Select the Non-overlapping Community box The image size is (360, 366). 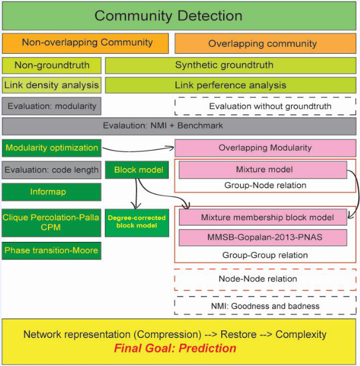point(85,43)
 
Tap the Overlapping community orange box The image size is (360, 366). point(262,43)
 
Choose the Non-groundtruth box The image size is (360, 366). point(51,65)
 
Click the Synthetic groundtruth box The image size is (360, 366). point(231,65)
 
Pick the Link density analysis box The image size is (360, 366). point(51,85)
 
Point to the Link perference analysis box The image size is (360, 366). point(231,85)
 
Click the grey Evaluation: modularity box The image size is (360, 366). point(51,106)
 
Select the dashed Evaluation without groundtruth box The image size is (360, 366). point(265,106)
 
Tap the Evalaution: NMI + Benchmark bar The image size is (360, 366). point(180,126)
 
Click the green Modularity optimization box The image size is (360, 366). point(51,148)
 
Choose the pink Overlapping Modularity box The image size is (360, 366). point(265,148)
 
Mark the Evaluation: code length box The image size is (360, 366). point(51,170)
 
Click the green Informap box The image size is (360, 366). point(51,191)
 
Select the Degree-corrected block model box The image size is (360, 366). point(136,222)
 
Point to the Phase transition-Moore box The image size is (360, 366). point(51,251)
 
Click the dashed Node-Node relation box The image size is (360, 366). point(265,279)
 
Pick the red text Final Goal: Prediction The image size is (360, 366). point(175,348)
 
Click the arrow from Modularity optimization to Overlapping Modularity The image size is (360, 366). point(138,148)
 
